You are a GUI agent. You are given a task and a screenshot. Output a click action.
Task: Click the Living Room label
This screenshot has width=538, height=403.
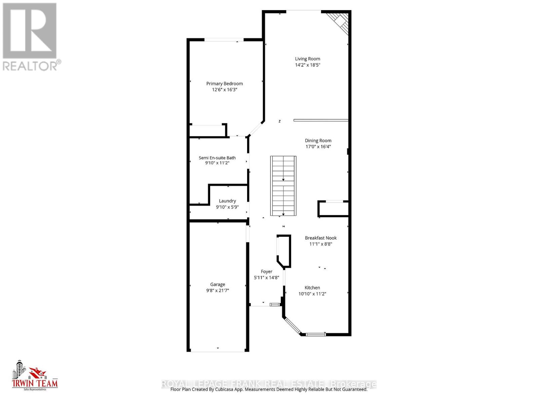tap(307, 59)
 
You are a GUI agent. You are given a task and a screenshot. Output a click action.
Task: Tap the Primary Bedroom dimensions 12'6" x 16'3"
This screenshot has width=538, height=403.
tap(224, 90)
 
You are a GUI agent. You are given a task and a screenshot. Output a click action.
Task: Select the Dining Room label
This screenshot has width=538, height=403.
tap(318, 141)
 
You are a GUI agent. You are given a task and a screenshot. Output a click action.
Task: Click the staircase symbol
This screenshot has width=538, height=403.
tap(283, 186)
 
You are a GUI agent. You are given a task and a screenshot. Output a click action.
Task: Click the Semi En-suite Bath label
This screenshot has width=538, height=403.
tap(217, 158)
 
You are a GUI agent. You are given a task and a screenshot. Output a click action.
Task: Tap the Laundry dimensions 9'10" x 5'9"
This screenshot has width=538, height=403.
tap(227, 207)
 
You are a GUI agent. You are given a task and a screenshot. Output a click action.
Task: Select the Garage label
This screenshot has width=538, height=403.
tap(218, 284)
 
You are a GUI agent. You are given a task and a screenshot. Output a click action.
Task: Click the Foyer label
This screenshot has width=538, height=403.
tap(266, 272)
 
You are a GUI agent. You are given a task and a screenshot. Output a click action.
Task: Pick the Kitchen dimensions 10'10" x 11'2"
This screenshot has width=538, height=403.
tap(312, 294)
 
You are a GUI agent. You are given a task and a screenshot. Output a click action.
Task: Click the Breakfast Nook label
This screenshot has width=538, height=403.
tap(320, 238)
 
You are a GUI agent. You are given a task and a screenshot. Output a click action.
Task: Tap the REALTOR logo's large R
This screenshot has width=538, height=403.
tap(30, 31)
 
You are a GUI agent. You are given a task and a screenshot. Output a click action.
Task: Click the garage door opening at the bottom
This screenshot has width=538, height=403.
tap(218, 351)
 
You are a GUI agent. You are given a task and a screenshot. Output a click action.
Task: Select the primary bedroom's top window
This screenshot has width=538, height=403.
tap(224, 40)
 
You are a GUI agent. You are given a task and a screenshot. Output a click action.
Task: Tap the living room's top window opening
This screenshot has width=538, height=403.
tap(303, 11)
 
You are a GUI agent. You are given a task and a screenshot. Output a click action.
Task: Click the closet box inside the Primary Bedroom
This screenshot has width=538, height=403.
tap(207, 130)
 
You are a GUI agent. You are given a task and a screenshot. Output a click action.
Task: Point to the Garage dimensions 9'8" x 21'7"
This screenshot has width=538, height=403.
tap(218, 290)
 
